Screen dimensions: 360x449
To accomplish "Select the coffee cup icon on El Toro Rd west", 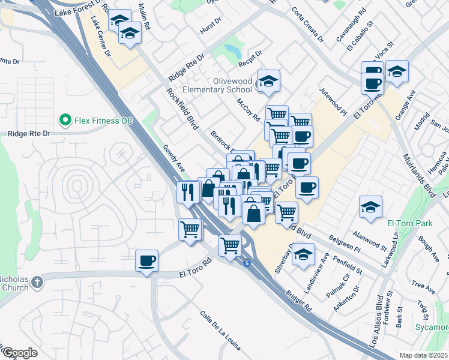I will [147, 261].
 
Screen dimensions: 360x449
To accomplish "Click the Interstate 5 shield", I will [247, 263].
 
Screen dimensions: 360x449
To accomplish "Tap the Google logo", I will [20, 352].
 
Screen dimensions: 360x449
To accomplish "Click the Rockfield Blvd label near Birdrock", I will [182, 110].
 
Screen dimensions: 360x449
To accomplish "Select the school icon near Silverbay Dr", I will [304, 254].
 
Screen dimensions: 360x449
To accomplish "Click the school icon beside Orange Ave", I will [397, 71].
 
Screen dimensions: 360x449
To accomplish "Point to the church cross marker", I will [37, 281].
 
